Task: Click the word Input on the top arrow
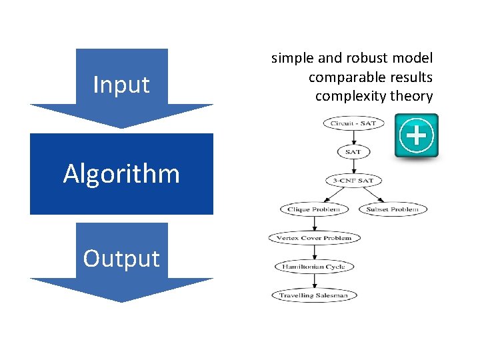coord(121,85)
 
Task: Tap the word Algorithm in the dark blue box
coord(121,174)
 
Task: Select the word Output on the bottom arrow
coord(121,259)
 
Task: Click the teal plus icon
coord(417,136)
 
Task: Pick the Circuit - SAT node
coord(353,123)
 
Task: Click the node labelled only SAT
coord(353,152)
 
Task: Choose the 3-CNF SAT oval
coord(353,181)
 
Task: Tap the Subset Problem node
coord(393,209)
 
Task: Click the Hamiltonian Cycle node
coord(314,267)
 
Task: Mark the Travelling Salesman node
coord(314,295)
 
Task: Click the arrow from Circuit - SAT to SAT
coord(353,138)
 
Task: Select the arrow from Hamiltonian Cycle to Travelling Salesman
coord(314,281)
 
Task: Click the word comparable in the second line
coord(341,77)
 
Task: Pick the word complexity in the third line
coord(351,96)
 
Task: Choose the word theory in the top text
coord(412,96)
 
